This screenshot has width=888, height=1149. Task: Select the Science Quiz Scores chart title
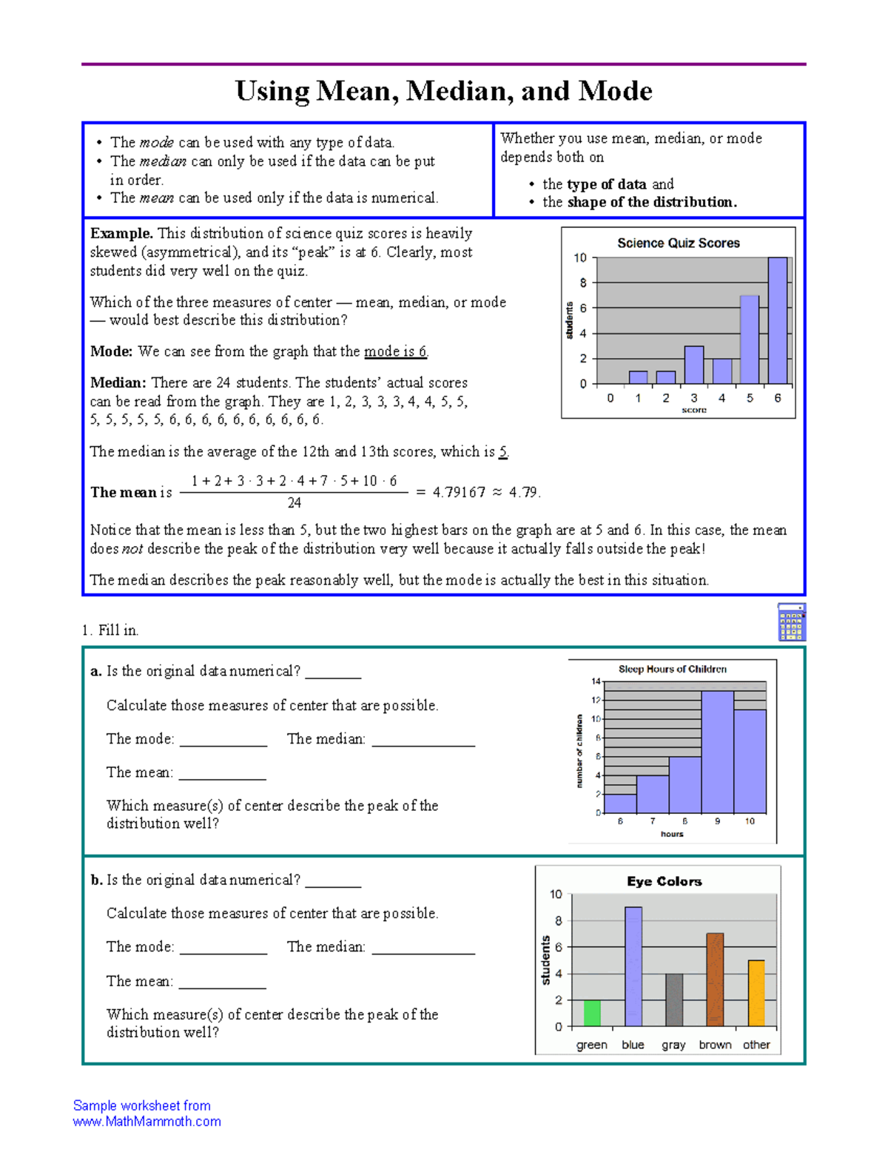pyautogui.click(x=678, y=243)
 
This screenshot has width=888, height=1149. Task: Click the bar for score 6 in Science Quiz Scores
pyautogui.click(x=778, y=320)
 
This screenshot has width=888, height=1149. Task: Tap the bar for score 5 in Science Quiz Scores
pyautogui.click(x=750, y=340)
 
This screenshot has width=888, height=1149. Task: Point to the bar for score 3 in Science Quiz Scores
pyautogui.click(x=693, y=365)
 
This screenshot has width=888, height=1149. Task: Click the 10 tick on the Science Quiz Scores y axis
pyautogui.click(x=580, y=258)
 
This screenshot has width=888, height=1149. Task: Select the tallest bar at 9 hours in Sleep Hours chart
pyautogui.click(x=717, y=752)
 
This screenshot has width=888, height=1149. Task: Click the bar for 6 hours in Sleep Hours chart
pyautogui.click(x=620, y=803)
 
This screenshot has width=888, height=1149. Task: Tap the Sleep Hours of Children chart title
pyautogui.click(x=672, y=669)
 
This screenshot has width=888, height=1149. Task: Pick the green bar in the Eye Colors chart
pyautogui.click(x=592, y=1013)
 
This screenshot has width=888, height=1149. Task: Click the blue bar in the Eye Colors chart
pyautogui.click(x=633, y=966)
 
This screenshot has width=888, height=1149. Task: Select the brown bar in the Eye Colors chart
pyautogui.click(x=714, y=980)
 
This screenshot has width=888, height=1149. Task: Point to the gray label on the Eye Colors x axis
pyautogui.click(x=673, y=1045)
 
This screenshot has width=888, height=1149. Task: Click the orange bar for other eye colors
pyautogui.click(x=756, y=993)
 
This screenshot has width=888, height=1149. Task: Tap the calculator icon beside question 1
pyautogui.click(x=791, y=621)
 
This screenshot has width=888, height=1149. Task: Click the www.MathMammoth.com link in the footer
pyautogui.click(x=147, y=1122)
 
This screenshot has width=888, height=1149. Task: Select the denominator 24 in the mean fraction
pyautogui.click(x=294, y=503)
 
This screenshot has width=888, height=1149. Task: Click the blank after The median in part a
pyautogui.click(x=423, y=740)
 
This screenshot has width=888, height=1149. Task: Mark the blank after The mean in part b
pyautogui.click(x=222, y=982)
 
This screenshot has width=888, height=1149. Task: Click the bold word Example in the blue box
pyautogui.click(x=121, y=234)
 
